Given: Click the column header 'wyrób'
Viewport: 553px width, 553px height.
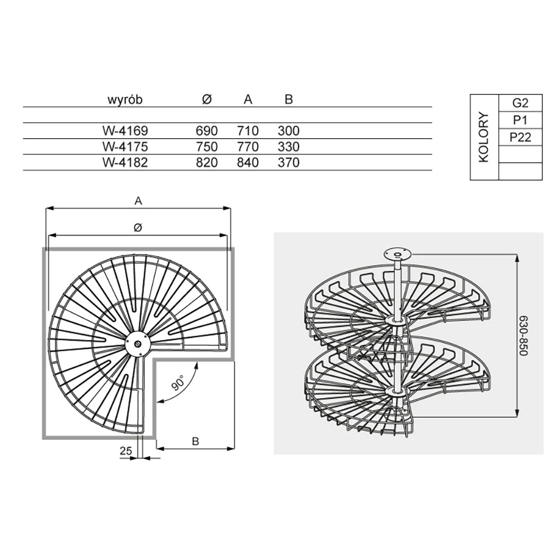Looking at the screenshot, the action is (125, 100).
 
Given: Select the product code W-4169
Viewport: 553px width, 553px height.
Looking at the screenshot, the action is (125, 131).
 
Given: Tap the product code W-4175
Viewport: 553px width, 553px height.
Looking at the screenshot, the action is (125, 147).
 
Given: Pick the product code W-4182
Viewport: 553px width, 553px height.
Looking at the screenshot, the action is (125, 163).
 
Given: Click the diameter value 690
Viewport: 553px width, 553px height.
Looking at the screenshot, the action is (207, 131).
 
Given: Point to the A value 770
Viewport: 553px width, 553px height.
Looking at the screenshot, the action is (248, 147).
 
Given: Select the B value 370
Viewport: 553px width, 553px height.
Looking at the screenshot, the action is (289, 163).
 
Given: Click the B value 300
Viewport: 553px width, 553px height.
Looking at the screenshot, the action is (289, 131).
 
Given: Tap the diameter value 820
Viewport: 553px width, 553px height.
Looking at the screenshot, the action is (207, 163).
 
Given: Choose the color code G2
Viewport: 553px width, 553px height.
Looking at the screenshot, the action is (520, 103).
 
